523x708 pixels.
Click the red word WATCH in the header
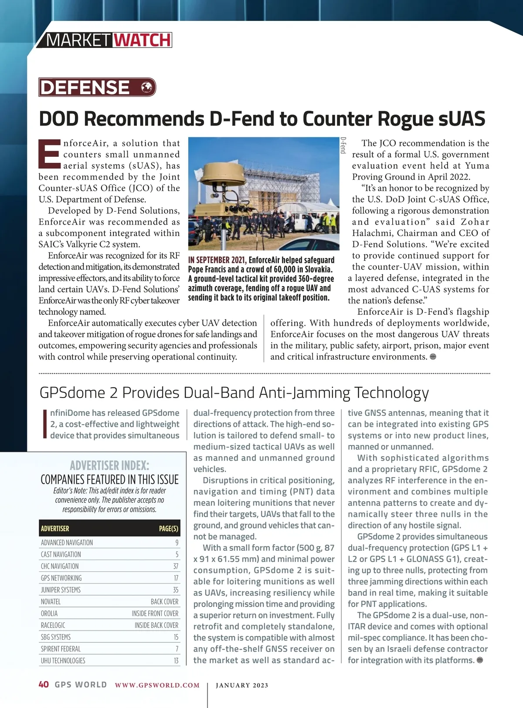coord(142,40)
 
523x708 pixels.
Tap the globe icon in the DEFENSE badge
coord(148,87)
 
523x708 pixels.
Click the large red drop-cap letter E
coord(49,154)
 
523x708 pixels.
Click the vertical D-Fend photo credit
coord(343,145)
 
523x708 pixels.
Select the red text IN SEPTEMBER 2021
coord(217,260)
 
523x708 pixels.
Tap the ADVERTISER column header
coord(55,529)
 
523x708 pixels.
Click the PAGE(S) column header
coord(168,529)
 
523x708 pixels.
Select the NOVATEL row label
coord(51,602)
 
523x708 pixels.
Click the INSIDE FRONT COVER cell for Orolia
coord(155,614)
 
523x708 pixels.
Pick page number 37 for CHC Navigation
coord(176,566)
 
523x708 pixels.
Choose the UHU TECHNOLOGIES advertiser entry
coord(63,661)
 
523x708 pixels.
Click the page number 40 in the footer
coord(44,684)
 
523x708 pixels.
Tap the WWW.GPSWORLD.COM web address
coord(157,685)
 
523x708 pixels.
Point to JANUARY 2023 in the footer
coord(242,685)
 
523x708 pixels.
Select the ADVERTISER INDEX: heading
coord(109,465)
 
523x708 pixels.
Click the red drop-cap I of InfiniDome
coord(44,424)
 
